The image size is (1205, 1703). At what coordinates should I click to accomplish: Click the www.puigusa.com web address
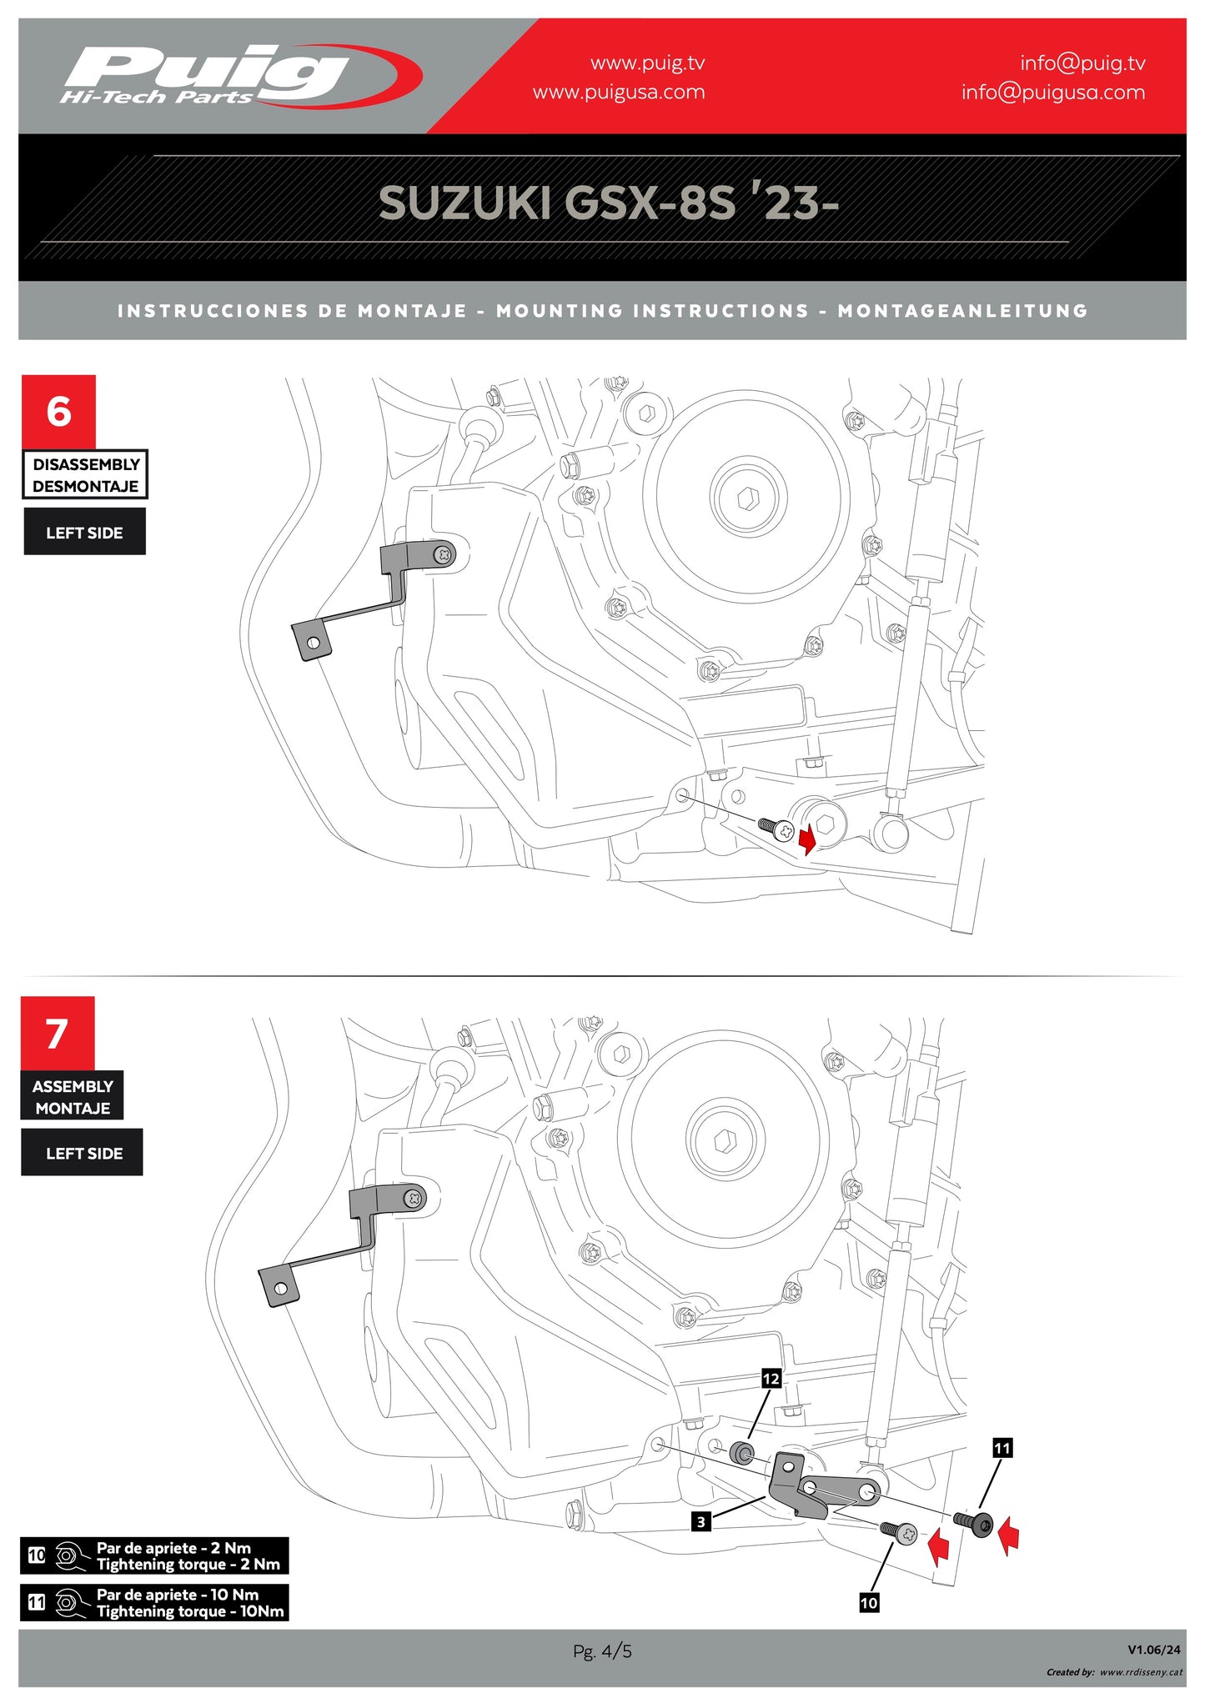click(618, 93)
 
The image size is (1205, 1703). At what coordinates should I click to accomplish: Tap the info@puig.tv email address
click(1082, 63)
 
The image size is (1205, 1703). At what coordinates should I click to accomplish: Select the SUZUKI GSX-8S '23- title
click(608, 203)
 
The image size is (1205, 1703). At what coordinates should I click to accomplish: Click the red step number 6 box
click(58, 412)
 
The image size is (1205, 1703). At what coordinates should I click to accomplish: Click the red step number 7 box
click(57, 1034)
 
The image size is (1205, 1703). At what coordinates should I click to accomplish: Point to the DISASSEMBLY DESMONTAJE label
click(85, 475)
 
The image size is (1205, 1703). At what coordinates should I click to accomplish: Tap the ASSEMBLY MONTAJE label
click(73, 1097)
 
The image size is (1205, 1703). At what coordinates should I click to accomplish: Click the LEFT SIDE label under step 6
click(84, 533)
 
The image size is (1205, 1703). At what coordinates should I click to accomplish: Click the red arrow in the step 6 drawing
click(807, 840)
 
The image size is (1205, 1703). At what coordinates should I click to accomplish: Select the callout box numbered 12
click(771, 1380)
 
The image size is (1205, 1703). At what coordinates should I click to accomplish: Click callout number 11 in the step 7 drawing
click(1002, 1449)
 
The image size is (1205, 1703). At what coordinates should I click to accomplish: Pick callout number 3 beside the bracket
click(701, 1522)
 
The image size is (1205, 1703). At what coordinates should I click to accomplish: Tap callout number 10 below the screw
click(869, 1603)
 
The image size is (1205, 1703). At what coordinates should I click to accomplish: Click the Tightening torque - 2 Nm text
click(188, 1565)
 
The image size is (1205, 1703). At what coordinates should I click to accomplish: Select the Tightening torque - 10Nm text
click(190, 1611)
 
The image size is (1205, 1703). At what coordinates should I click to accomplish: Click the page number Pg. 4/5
click(602, 1651)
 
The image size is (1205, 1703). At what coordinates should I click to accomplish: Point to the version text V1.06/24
click(1153, 1650)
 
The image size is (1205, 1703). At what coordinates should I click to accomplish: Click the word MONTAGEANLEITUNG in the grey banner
click(962, 311)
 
